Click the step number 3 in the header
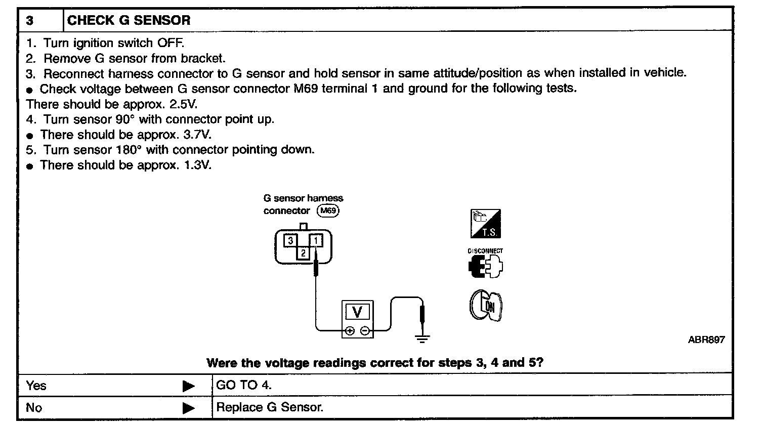[30, 21]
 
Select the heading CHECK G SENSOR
[129, 21]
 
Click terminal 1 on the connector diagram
[316, 240]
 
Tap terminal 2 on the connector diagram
[303, 252]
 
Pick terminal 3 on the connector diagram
[290, 240]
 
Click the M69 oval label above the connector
[328, 211]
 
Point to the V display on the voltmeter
[357, 313]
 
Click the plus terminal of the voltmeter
[349, 331]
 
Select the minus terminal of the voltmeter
[364, 331]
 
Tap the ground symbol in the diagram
[422, 337]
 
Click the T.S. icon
[485, 224]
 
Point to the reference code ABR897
[706, 339]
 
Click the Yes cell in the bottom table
[36, 386]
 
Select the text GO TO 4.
[244, 385]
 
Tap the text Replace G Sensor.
[269, 407]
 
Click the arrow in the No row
[188, 408]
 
